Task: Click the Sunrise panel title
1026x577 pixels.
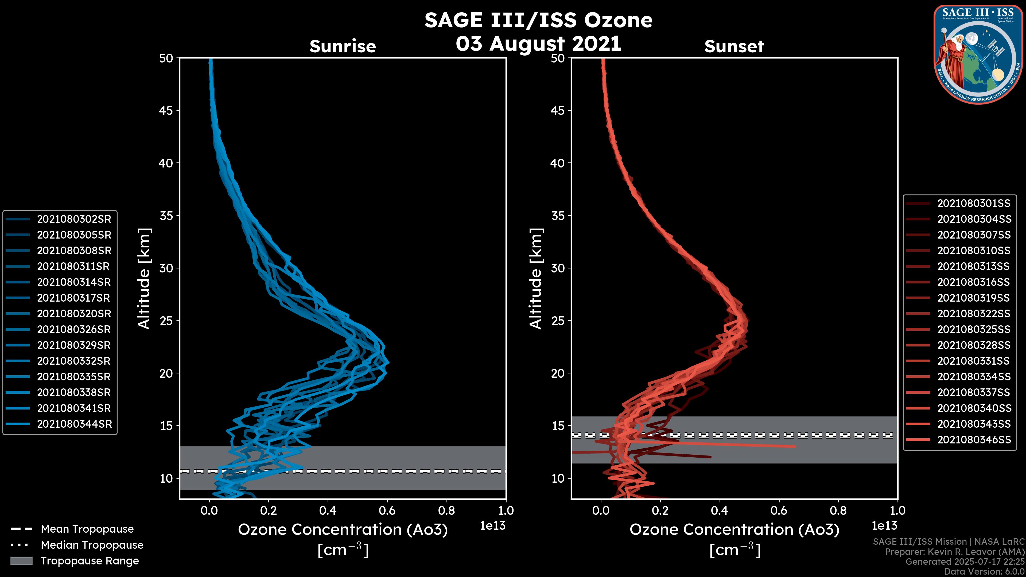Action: pyautogui.click(x=343, y=46)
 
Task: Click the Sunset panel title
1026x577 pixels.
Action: pyautogui.click(x=734, y=46)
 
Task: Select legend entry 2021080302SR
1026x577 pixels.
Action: pyautogui.click(x=74, y=219)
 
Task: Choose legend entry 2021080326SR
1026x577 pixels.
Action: pyautogui.click(x=74, y=329)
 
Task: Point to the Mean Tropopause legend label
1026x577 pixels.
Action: pyautogui.click(x=87, y=529)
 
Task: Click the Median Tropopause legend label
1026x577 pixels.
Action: pyautogui.click(x=92, y=545)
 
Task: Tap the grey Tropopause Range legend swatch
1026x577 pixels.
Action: pyautogui.click(x=21, y=561)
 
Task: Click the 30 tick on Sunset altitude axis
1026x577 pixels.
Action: pyautogui.click(x=558, y=268)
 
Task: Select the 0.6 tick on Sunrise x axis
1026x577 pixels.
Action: pyautogui.click(x=387, y=510)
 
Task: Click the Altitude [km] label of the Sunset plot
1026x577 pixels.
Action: pyautogui.click(x=536, y=279)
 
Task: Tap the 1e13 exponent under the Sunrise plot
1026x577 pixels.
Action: pyautogui.click(x=493, y=526)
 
